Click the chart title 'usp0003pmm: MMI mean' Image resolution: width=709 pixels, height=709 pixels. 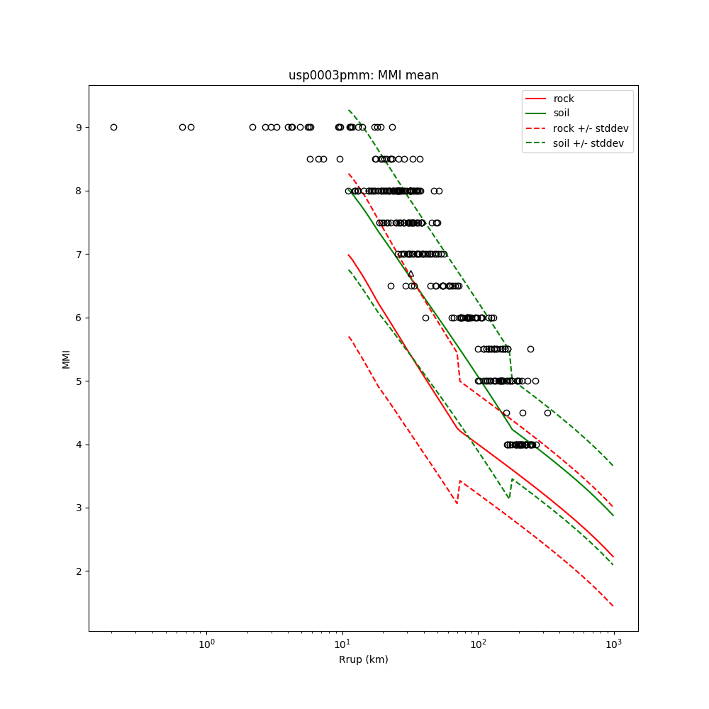[363, 75]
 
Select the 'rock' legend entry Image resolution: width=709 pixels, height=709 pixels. [564, 99]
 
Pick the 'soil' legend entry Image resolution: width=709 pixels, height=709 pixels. [562, 113]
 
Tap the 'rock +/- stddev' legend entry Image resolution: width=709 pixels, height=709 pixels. [591, 128]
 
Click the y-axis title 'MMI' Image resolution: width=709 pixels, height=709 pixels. [66, 358]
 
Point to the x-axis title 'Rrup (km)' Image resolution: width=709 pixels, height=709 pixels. [363, 659]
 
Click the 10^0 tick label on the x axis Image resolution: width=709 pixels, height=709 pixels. [206, 644]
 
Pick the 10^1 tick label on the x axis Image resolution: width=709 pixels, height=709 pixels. [342, 644]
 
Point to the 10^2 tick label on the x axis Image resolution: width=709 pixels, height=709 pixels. [478, 644]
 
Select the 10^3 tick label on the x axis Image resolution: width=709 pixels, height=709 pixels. [614, 644]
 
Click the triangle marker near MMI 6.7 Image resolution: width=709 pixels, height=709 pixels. [411, 273]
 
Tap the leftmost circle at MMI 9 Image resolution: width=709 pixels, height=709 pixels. [113, 128]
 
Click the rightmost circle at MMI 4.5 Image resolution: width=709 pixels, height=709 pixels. [547, 413]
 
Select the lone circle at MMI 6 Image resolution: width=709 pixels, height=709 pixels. [425, 318]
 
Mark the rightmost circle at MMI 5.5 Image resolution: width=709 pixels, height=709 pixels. [530, 349]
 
